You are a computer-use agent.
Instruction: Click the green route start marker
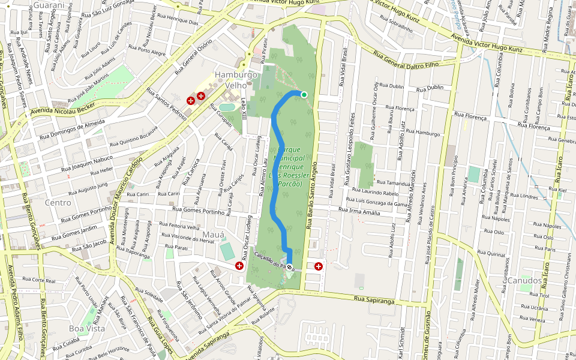(x=304, y=94)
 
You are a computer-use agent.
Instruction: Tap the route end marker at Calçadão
(x=290, y=266)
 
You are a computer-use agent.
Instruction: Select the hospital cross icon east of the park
(x=318, y=266)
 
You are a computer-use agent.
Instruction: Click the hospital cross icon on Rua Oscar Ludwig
(x=239, y=265)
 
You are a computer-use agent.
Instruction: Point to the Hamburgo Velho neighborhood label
(x=236, y=80)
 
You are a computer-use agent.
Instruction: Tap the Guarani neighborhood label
(x=49, y=5)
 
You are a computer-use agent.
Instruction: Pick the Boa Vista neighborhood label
(x=87, y=328)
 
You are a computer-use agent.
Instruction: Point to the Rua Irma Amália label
(x=359, y=211)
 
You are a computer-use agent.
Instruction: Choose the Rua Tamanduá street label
(x=393, y=182)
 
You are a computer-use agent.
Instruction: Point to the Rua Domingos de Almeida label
(x=71, y=127)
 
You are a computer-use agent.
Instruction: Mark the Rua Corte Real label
(x=38, y=280)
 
